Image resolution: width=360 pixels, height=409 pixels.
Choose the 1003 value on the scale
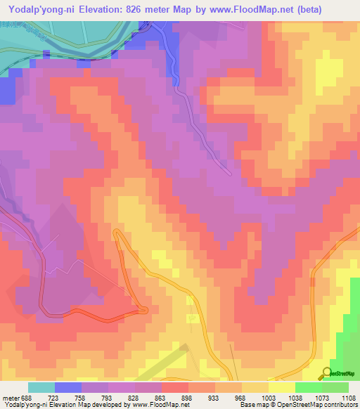click(268, 398)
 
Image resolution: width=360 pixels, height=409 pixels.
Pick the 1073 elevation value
click(321, 398)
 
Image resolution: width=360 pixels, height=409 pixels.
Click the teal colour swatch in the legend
click(41, 387)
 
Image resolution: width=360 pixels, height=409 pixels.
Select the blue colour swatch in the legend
click(67, 387)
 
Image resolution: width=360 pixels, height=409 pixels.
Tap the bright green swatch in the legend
click(308, 387)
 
